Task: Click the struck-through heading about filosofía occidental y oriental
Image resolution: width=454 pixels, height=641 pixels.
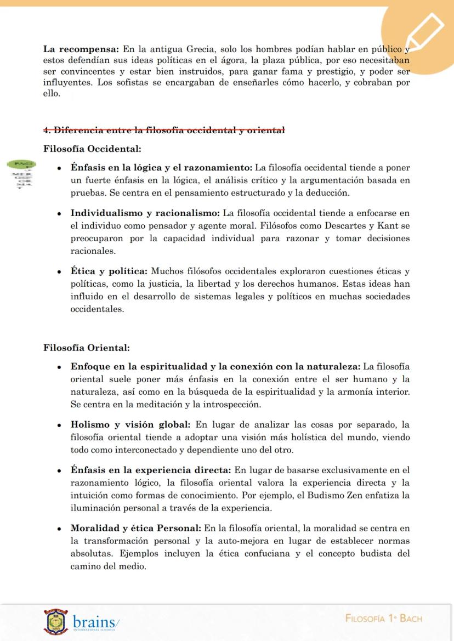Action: point(164,130)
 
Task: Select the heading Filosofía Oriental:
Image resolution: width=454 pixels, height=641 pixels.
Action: point(86,348)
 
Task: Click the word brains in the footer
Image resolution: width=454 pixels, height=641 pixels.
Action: point(93,622)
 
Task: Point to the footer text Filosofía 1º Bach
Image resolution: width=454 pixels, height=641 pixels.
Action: point(384,619)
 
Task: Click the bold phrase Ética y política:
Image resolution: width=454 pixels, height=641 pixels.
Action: point(109,271)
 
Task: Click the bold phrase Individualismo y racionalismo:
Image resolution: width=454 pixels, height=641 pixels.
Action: point(145,213)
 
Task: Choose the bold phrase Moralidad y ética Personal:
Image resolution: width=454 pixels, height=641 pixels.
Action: point(135,529)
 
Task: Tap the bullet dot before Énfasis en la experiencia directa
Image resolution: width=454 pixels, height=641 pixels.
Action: point(59,471)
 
